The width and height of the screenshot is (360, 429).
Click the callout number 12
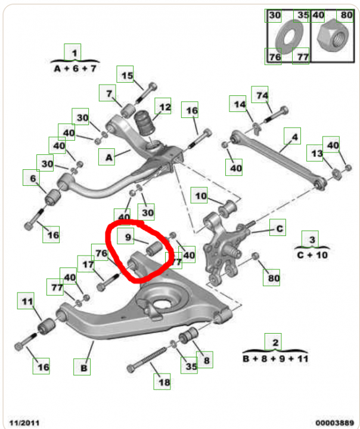[x=165, y=107]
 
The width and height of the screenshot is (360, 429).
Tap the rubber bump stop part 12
[x=144, y=123]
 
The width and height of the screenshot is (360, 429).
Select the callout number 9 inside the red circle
[x=128, y=237]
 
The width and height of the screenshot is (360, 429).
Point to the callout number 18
[x=164, y=382]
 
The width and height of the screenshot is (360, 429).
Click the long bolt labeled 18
[x=147, y=359]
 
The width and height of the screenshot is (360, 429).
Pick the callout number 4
[x=294, y=137]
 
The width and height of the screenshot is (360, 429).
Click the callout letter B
[x=83, y=368]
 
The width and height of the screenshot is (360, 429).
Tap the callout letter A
[x=108, y=157]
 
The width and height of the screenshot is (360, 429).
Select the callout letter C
[x=280, y=228]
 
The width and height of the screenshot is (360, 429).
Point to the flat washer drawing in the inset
[x=289, y=37]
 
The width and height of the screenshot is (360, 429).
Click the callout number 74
[x=262, y=95]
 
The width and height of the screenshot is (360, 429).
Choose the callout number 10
[x=201, y=196]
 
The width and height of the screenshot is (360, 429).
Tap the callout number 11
[x=27, y=301]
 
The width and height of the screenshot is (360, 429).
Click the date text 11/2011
[x=24, y=422]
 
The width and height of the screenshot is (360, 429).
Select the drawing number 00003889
[x=334, y=422]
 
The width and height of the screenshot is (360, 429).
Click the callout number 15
[x=127, y=76]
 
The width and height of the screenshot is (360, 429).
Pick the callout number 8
[x=207, y=360]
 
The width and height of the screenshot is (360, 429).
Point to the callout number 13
[x=316, y=154]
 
